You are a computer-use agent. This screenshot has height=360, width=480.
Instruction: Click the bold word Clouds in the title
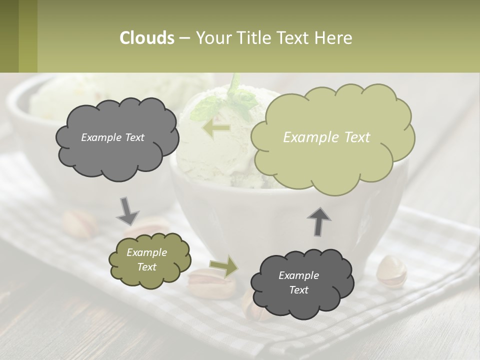point(147,38)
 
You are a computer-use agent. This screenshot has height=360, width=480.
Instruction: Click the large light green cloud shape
point(332,160)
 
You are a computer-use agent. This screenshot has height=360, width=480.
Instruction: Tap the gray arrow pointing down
point(127,210)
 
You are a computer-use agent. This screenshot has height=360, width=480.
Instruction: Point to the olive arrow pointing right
point(224,266)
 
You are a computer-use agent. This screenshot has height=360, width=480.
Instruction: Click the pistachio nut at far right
point(391,271)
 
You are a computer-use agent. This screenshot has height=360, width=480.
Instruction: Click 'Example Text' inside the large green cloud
point(326,137)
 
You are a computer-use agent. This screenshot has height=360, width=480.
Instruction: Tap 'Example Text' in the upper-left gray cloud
point(112,137)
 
